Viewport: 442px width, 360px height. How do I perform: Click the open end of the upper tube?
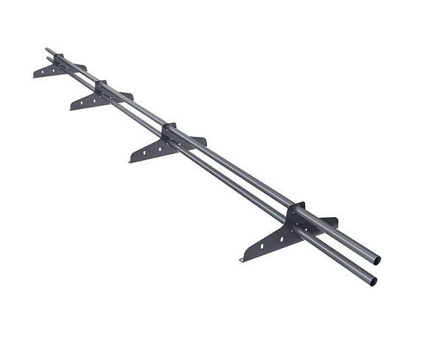click(377, 260)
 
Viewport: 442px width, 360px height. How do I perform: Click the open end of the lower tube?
click(373, 281)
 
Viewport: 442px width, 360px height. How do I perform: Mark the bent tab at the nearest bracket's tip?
click(243, 258)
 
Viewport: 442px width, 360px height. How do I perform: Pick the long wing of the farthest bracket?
click(46, 71)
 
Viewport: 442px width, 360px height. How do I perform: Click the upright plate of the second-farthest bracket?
click(101, 87)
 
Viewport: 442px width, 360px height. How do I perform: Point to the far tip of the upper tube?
click(47, 50)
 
